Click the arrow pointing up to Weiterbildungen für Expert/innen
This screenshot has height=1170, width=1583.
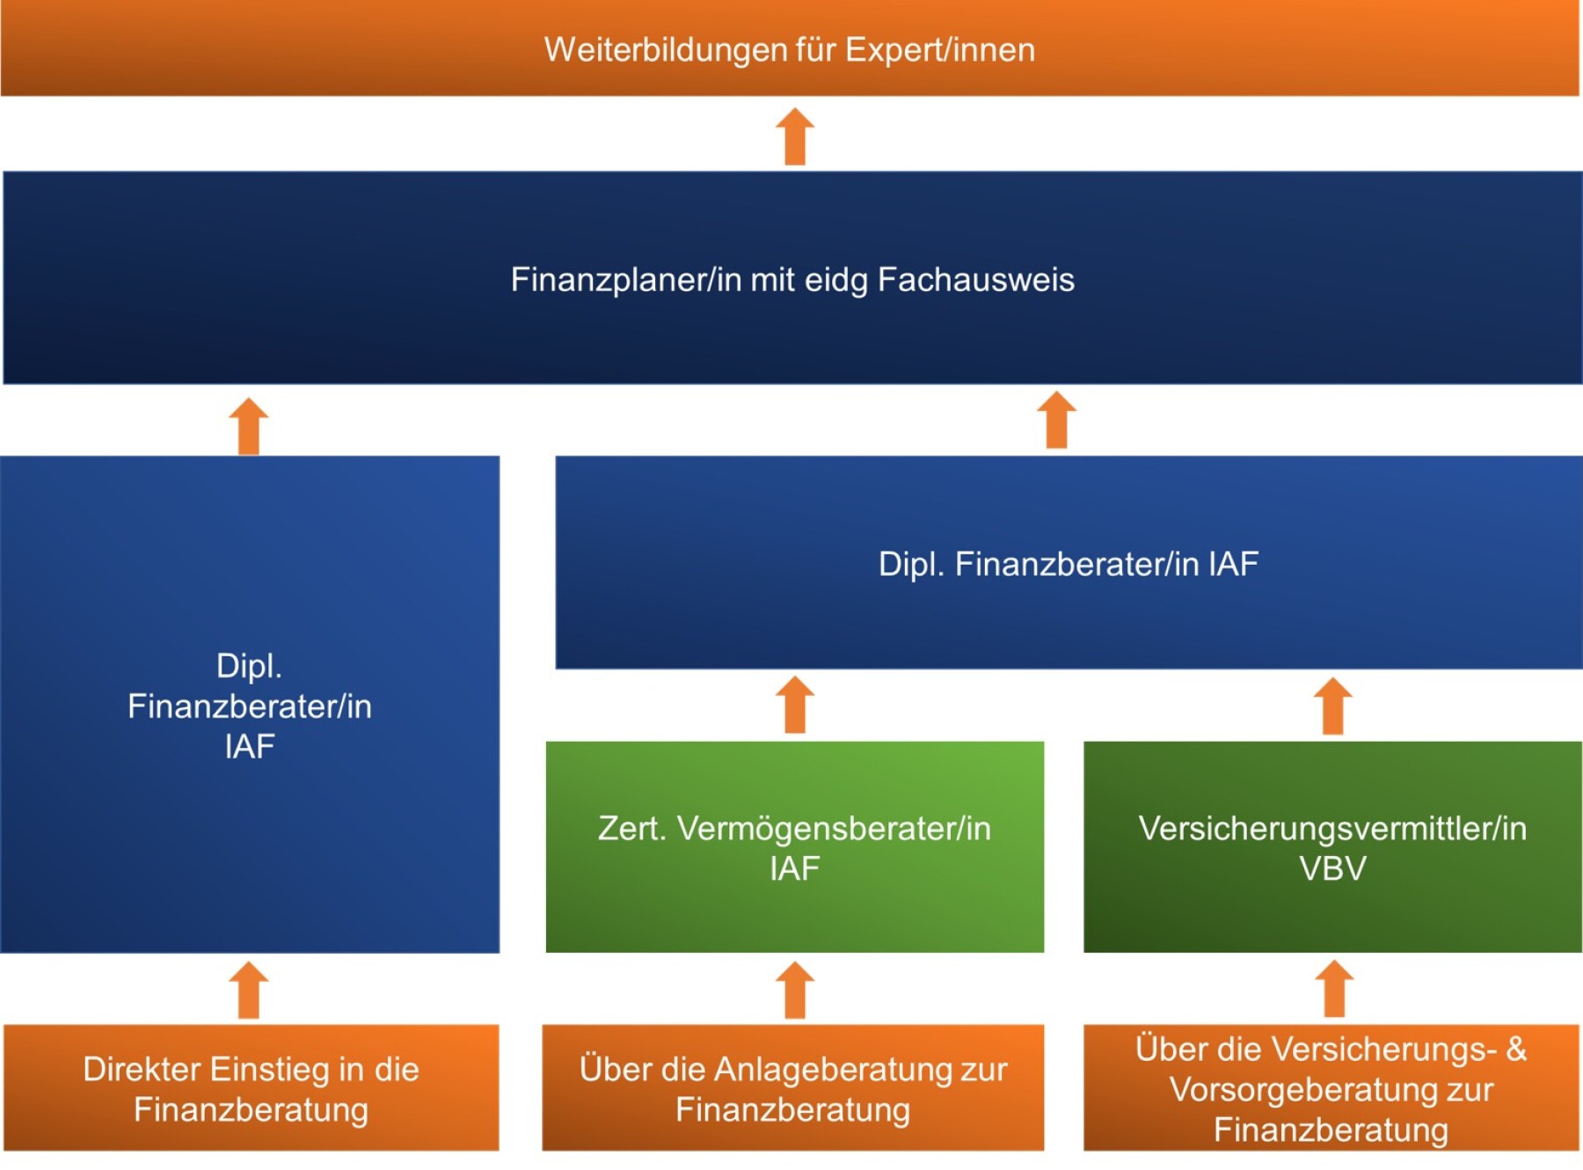(x=795, y=137)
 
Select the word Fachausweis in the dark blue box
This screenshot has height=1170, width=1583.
(x=975, y=280)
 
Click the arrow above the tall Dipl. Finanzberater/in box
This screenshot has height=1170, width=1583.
(x=249, y=427)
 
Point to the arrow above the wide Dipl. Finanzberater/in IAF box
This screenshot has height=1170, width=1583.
(x=1056, y=420)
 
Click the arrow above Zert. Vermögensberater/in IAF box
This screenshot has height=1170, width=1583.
(x=795, y=705)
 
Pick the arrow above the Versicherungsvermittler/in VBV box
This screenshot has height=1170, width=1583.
(x=1332, y=706)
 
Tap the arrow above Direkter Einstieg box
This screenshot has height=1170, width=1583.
(x=249, y=990)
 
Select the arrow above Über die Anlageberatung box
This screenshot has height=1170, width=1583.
(x=795, y=990)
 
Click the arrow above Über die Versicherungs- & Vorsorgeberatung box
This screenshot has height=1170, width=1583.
(x=1334, y=989)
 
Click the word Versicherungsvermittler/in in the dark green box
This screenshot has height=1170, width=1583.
(x=1332, y=829)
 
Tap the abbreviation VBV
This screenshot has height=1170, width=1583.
(x=1332, y=869)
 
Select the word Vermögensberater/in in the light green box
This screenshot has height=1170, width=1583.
(x=834, y=829)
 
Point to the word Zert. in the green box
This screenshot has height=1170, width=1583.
(x=631, y=829)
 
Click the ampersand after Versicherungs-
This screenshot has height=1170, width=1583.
(x=1516, y=1049)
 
